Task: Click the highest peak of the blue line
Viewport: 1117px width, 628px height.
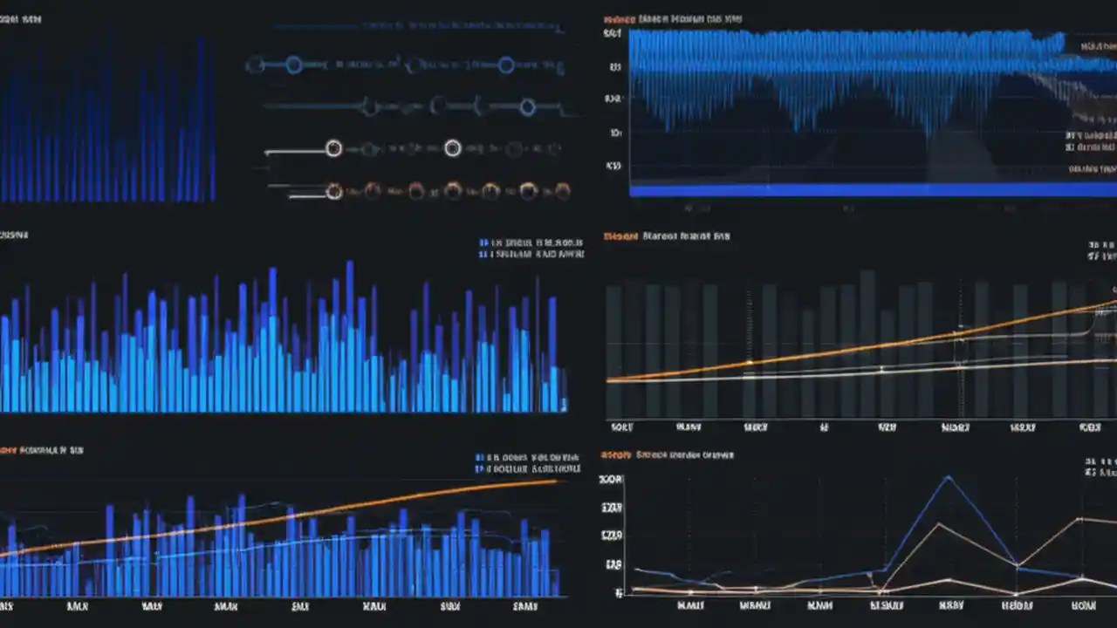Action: pyautogui.click(x=948, y=477)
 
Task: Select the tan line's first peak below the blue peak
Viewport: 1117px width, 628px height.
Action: pyautogui.click(x=938, y=524)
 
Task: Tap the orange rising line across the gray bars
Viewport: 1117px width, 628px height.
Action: pyautogui.click(x=873, y=346)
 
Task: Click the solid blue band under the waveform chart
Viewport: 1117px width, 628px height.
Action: pyautogui.click(x=873, y=189)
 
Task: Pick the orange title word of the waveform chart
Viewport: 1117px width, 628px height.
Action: pyautogui.click(x=619, y=18)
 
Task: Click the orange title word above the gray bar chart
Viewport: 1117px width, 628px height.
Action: pyautogui.click(x=619, y=235)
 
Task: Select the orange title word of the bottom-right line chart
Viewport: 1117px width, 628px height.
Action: pyautogui.click(x=615, y=454)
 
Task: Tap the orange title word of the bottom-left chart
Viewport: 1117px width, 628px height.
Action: pyautogui.click(x=7, y=450)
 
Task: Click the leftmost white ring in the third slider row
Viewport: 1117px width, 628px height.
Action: pyautogui.click(x=333, y=148)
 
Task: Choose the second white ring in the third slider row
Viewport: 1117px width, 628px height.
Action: pyautogui.click(x=452, y=148)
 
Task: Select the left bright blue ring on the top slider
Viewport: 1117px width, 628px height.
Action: pyautogui.click(x=294, y=65)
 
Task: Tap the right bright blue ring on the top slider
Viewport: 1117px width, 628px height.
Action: pyautogui.click(x=506, y=65)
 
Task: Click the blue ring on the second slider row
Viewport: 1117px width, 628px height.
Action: pyautogui.click(x=527, y=107)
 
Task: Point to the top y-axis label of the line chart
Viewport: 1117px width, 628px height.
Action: pyautogui.click(x=612, y=479)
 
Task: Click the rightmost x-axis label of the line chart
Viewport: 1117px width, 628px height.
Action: pyautogui.click(x=1083, y=605)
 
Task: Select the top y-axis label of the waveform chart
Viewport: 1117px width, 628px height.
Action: pyautogui.click(x=613, y=34)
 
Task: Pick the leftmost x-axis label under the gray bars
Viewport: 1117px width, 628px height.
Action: pyautogui.click(x=621, y=427)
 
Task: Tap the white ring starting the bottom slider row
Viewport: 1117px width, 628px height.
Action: pyautogui.click(x=333, y=192)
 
